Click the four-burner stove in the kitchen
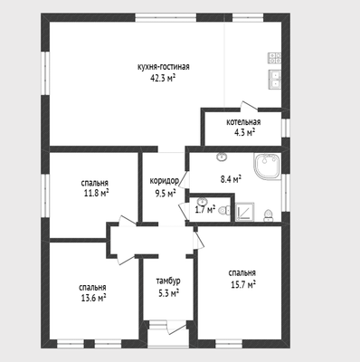click(275, 58)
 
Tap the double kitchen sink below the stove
click(275, 79)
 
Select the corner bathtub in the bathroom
click(268, 167)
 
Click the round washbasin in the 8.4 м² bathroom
click(222, 157)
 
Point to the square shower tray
click(244, 212)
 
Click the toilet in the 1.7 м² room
click(224, 210)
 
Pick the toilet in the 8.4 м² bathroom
click(268, 215)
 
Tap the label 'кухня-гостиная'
click(164, 67)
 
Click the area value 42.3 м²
click(163, 79)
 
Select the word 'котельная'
click(243, 122)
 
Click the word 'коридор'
click(165, 181)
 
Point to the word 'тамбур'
click(168, 281)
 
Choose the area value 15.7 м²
click(243, 284)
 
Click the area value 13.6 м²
click(93, 299)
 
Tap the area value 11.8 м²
click(96, 193)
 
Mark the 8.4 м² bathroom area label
click(231, 180)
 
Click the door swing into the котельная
click(249, 106)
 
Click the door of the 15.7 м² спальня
click(199, 240)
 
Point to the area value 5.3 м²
click(169, 293)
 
